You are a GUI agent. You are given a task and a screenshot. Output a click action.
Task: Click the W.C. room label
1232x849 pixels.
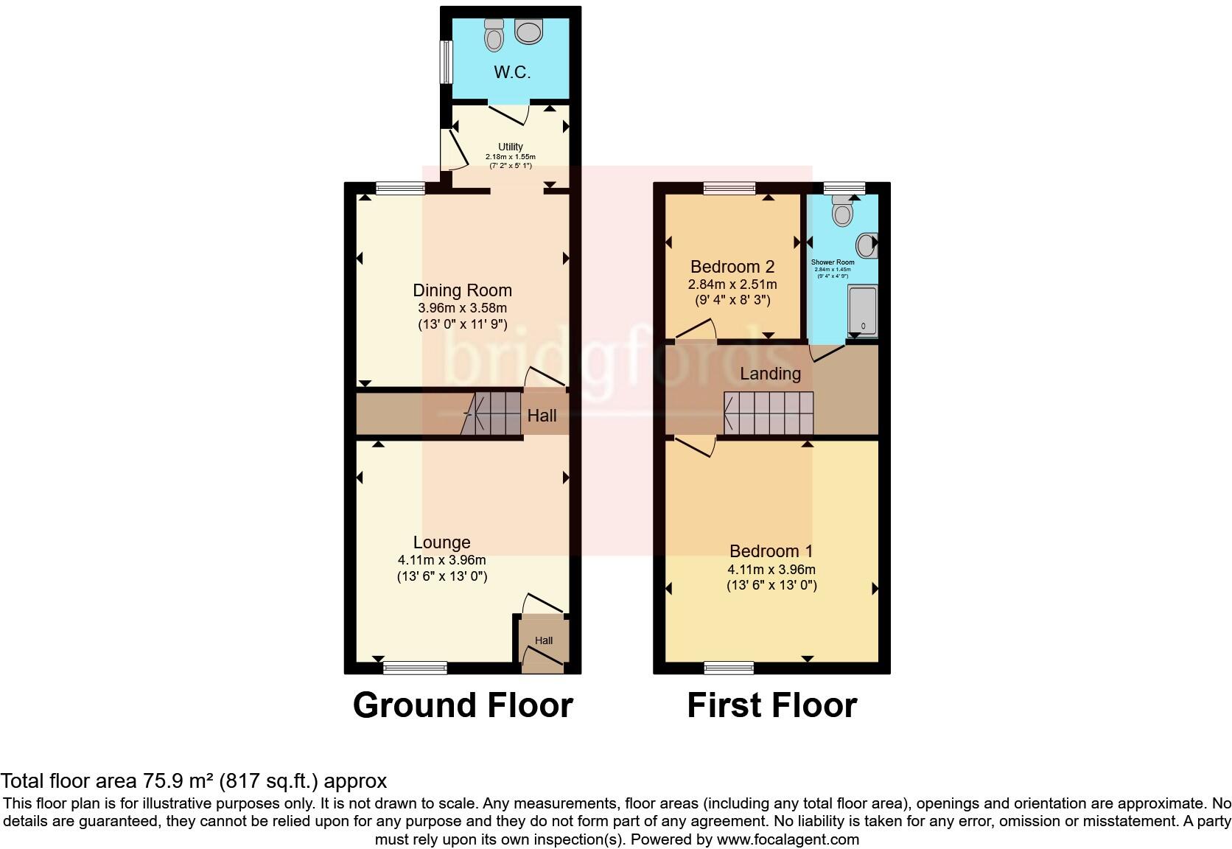[x=511, y=72]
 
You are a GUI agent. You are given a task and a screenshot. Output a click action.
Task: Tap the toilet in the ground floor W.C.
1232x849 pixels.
[x=494, y=33]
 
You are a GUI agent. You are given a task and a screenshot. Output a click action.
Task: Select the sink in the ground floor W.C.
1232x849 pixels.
[x=528, y=31]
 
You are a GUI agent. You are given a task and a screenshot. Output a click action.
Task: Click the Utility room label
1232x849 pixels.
[x=510, y=147]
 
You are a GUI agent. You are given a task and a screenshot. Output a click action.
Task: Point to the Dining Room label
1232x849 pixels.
[x=462, y=290]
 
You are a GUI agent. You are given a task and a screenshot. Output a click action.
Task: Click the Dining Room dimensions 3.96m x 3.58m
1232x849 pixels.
[x=462, y=308]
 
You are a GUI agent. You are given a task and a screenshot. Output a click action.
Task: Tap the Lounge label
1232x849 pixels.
[x=441, y=542]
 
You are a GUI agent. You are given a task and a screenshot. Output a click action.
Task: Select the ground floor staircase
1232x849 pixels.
[x=492, y=413]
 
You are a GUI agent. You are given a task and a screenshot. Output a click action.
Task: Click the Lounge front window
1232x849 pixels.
[x=415, y=668]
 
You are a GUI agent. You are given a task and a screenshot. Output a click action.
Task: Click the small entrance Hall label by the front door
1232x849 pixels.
[x=544, y=640]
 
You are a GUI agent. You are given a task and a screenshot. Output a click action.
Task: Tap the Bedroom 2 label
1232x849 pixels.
[x=732, y=267]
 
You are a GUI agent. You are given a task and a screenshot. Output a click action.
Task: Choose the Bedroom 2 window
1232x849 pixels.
[x=729, y=188]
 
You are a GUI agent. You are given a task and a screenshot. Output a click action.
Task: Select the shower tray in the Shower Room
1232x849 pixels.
[x=863, y=310]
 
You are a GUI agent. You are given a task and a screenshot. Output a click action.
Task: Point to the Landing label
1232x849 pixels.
[x=770, y=374]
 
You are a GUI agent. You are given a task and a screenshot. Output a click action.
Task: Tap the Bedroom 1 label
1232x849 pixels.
[x=771, y=551]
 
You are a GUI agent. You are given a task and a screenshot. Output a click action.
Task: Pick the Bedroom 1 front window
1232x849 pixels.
[x=729, y=668]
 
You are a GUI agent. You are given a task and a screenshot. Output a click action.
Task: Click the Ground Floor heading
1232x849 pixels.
[x=463, y=705]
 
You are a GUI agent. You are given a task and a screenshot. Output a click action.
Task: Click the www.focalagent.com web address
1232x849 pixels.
[x=787, y=839]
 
